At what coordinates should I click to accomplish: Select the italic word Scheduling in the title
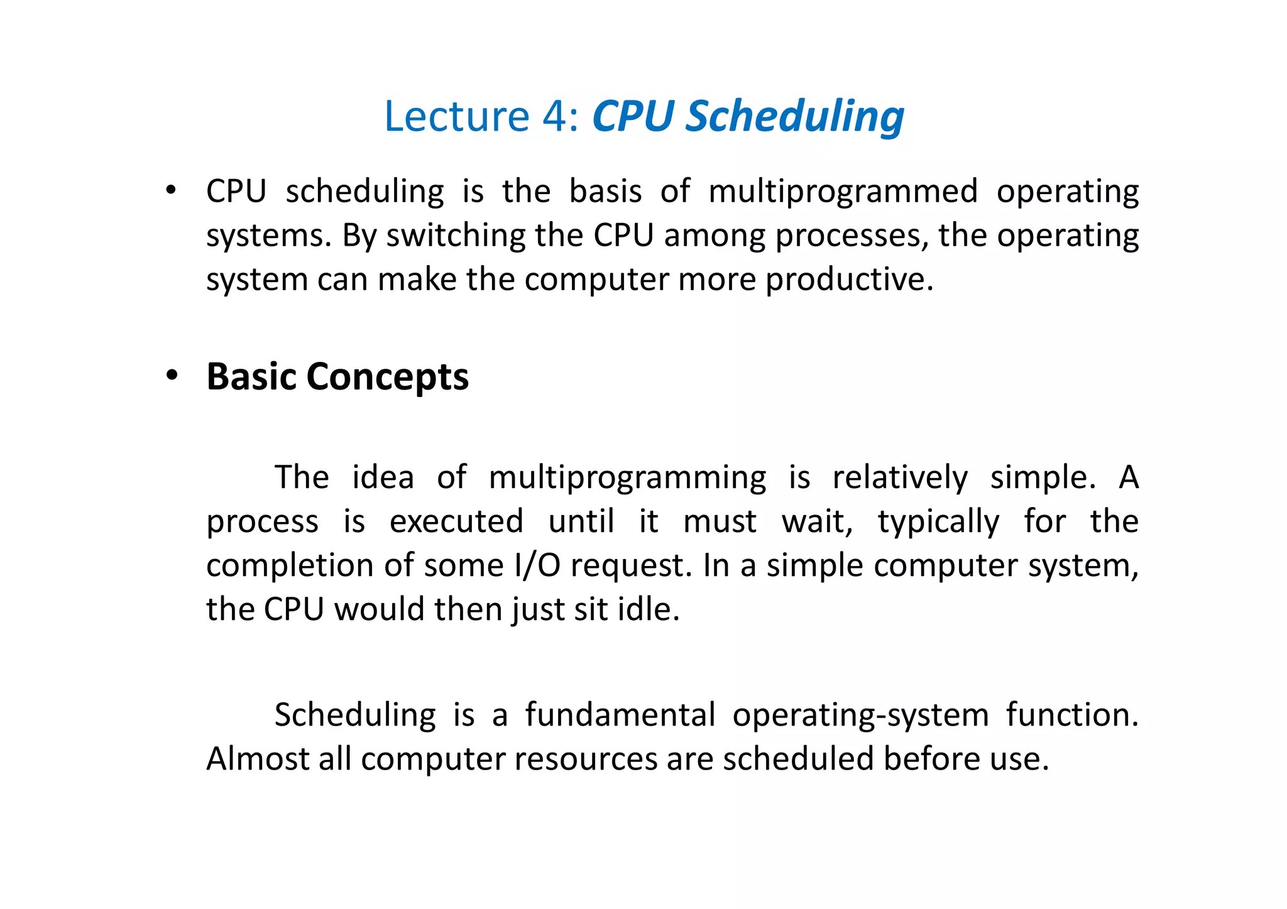(794, 117)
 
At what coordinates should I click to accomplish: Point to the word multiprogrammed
(843, 192)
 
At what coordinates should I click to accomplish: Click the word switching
(456, 236)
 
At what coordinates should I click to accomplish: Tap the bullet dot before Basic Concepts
(172, 376)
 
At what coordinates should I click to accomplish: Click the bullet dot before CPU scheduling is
(170, 190)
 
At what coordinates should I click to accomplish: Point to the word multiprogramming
(627, 478)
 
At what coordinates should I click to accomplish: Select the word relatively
(899, 478)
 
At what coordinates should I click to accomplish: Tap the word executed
(456, 521)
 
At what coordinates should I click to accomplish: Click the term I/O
(537, 565)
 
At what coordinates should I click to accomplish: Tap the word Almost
(257, 759)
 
